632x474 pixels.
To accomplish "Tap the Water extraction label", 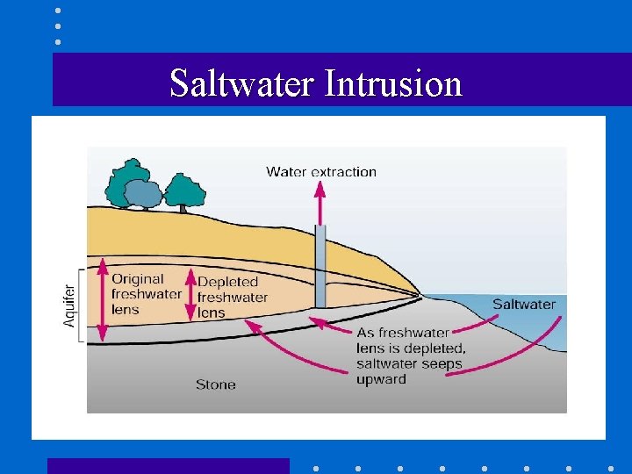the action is pyautogui.click(x=321, y=172).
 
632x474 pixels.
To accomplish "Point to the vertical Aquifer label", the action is pyautogui.click(x=69, y=304).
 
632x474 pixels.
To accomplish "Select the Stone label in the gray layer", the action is pyautogui.click(x=216, y=384).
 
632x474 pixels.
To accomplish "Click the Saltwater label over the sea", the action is pyautogui.click(x=523, y=305).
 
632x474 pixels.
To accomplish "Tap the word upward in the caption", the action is pyautogui.click(x=381, y=379).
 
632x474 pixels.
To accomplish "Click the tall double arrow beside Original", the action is pyautogui.click(x=103, y=299).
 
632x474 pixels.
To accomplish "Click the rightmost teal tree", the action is pyautogui.click(x=184, y=190).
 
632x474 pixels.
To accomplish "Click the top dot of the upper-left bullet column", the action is pyautogui.click(x=57, y=11).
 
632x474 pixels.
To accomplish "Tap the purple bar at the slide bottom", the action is pyautogui.click(x=168, y=465).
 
